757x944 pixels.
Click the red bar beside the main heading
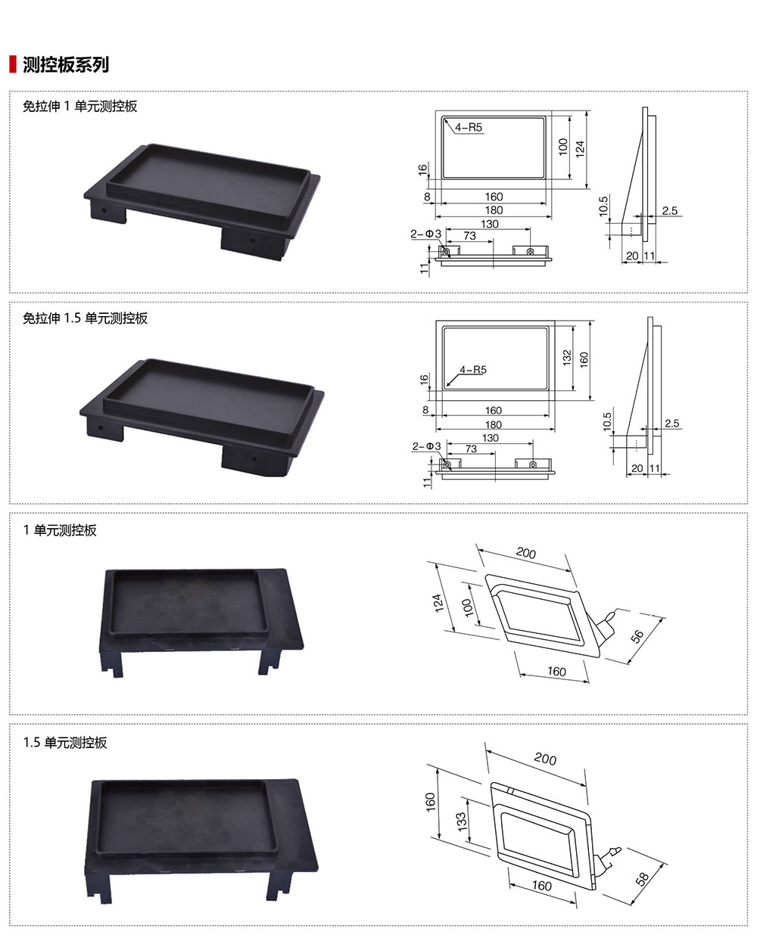point(13,64)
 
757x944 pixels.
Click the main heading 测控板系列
point(66,64)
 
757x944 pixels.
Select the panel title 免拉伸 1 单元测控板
point(80,106)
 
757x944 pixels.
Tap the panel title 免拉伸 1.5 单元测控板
point(86,318)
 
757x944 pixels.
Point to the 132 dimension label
point(567,358)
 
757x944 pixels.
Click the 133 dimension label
point(462,821)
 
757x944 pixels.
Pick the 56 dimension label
point(637,636)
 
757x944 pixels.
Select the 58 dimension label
point(642,879)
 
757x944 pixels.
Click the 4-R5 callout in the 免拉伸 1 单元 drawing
point(469,127)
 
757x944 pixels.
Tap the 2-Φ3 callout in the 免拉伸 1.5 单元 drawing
point(426,446)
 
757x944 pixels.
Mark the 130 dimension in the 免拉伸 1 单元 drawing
point(490,224)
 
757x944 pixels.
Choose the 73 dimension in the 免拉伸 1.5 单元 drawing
point(471,449)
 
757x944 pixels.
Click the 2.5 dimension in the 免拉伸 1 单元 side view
point(670,210)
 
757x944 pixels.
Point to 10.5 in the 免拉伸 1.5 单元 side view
point(607,421)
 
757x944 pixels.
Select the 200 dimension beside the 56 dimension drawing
point(526,553)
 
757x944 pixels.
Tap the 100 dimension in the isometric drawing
point(468,607)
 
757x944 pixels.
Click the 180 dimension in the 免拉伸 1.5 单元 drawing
point(494,424)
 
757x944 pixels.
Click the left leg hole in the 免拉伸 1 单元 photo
point(104,210)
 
